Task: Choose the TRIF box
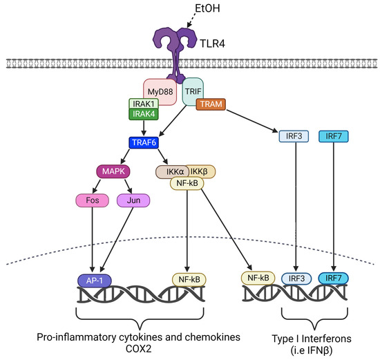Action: coord(194,91)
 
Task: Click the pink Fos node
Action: coord(92,200)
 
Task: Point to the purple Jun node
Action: coord(134,200)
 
